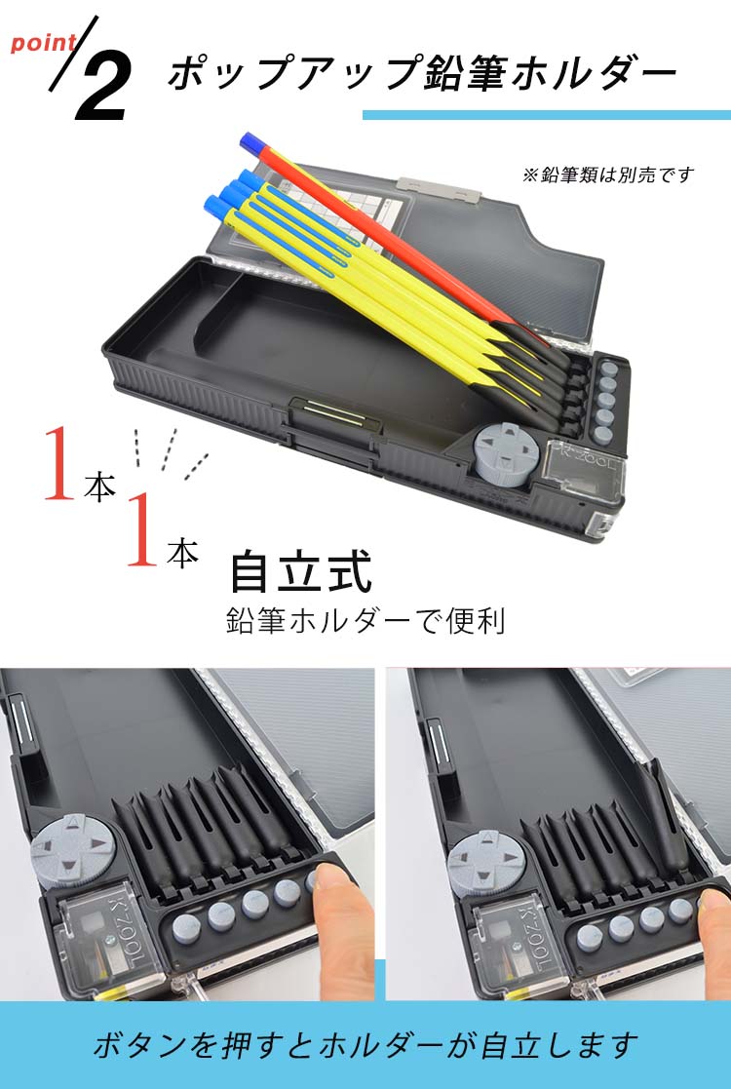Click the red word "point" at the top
43,42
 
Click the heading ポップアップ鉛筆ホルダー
421,72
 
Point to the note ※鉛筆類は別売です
607,175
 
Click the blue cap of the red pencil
250,141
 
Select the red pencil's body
382,235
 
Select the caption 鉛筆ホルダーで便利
365,620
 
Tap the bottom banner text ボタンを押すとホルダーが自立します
365,1045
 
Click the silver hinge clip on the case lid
439,187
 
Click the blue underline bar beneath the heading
547,115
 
